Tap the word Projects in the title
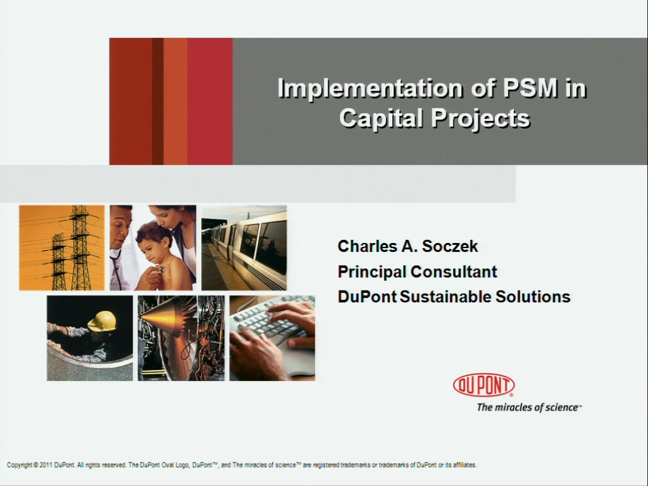pyautogui.click(x=480, y=118)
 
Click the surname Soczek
pyautogui.click(x=450, y=246)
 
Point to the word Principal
pyautogui.click(x=371, y=272)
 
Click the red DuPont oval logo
pyautogui.click(x=483, y=385)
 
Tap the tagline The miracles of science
pyautogui.click(x=528, y=408)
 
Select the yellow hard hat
pyautogui.click(x=102, y=321)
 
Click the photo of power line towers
pyautogui.click(x=61, y=248)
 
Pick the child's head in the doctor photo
pyautogui.click(x=153, y=241)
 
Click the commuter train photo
pyautogui.click(x=244, y=248)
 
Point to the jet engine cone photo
pyautogui.click(x=181, y=338)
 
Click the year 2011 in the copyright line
pyautogui.click(x=46, y=465)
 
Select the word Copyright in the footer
pyautogui.click(x=19, y=465)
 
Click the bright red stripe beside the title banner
pyautogui.click(x=210, y=101)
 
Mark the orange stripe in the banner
pyautogui.click(x=175, y=101)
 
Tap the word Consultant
pyautogui.click(x=454, y=272)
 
